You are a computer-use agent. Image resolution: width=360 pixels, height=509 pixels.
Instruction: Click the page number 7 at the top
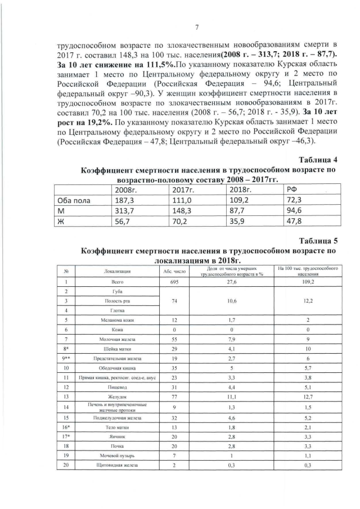[x=197, y=28]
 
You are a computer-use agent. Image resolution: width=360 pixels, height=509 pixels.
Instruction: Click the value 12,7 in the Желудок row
[x=308, y=396]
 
